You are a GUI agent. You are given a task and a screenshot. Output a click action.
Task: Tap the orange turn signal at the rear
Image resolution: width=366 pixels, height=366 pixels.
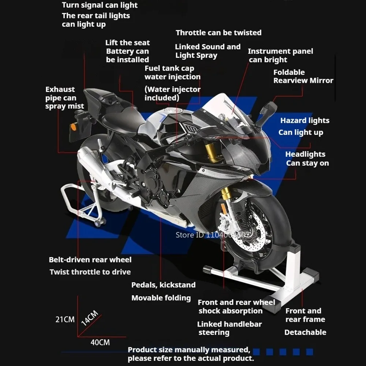[74, 127]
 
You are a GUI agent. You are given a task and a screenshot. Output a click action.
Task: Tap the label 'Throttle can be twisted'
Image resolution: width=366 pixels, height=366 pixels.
[219, 33]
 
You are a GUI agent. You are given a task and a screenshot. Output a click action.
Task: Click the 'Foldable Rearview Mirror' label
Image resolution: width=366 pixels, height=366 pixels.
[303, 76]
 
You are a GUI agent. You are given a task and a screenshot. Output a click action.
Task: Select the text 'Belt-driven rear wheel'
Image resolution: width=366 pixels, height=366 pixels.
[90, 260]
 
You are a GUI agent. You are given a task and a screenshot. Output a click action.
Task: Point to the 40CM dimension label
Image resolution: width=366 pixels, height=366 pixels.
[100, 343]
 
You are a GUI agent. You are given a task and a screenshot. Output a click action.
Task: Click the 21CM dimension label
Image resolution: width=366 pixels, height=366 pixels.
[65, 320]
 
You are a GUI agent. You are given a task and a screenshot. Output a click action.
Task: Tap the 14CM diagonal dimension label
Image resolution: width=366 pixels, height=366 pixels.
[89, 318]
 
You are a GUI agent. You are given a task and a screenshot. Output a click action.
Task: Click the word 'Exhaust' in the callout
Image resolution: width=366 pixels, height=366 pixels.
[60, 89]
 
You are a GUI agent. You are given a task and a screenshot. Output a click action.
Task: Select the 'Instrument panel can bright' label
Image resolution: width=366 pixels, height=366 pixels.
[280, 56]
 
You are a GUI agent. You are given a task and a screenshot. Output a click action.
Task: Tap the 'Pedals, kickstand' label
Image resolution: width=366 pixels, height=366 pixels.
[163, 285]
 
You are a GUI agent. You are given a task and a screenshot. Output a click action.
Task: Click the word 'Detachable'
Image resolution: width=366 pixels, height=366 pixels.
[305, 332]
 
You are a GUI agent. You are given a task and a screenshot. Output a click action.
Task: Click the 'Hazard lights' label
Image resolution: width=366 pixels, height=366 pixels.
[305, 120]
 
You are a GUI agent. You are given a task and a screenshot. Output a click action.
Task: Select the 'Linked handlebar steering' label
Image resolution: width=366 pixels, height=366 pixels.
[229, 328]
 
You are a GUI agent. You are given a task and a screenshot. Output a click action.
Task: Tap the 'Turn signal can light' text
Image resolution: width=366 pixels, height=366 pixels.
[100, 5]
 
